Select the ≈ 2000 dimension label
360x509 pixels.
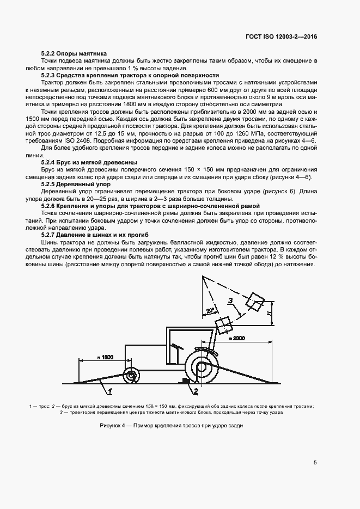click(237, 338)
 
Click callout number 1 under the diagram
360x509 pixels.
click(110, 391)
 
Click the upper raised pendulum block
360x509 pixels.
click(254, 301)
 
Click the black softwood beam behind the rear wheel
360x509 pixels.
click(185, 383)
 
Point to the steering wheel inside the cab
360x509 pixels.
click(175, 346)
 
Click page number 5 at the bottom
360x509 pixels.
click(315, 463)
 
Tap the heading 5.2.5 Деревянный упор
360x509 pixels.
click(76, 185)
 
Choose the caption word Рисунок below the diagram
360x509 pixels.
click(112, 425)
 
